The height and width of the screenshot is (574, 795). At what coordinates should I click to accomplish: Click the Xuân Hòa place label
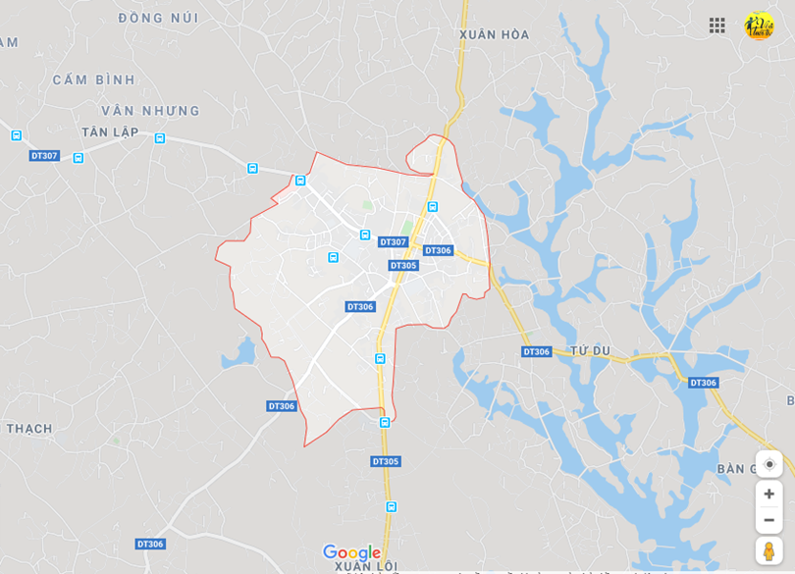tap(494, 35)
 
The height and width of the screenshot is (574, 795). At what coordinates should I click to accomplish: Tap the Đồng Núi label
tap(158, 19)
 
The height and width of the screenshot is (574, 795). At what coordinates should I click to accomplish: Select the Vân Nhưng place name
tap(150, 111)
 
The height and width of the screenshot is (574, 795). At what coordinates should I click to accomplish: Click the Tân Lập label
tap(110, 132)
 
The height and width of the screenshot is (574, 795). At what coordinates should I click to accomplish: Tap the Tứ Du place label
tap(590, 350)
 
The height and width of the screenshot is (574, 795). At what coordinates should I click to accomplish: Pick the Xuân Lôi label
tap(365, 566)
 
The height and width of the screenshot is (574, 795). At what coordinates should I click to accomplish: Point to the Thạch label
tap(29, 429)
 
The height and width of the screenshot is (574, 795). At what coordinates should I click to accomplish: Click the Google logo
tap(351, 552)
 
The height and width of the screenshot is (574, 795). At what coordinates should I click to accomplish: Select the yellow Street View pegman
tap(768, 550)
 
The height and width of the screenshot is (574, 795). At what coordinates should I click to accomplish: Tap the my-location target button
tap(768, 464)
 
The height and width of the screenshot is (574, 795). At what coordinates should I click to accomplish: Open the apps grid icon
tap(717, 26)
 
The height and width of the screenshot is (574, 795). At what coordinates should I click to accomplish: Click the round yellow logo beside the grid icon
tap(759, 26)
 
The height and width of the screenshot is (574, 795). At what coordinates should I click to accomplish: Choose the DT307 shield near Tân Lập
tap(44, 156)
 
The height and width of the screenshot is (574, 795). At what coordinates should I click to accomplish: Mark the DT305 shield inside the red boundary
tap(403, 266)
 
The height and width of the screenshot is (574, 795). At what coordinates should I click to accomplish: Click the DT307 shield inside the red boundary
tap(393, 242)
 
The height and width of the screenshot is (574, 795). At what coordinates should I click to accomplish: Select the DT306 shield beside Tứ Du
tap(537, 351)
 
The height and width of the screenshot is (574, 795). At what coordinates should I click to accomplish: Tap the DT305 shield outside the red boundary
tap(386, 461)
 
